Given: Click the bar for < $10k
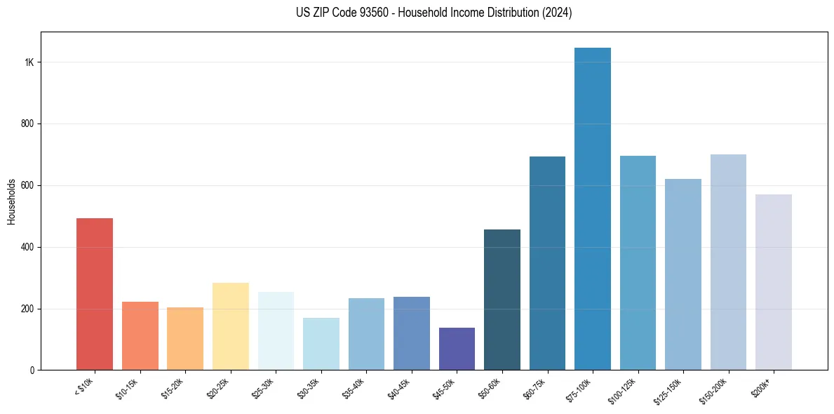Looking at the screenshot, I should coord(95,294).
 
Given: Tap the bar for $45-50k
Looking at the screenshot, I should coord(457,349).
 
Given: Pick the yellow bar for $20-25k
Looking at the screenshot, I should coord(230,326).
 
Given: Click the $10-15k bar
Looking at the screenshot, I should coord(140,335).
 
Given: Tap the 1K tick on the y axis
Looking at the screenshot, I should coord(29,62).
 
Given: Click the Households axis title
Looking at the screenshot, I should coord(11,201).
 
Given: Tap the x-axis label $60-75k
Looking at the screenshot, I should coord(537,388).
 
